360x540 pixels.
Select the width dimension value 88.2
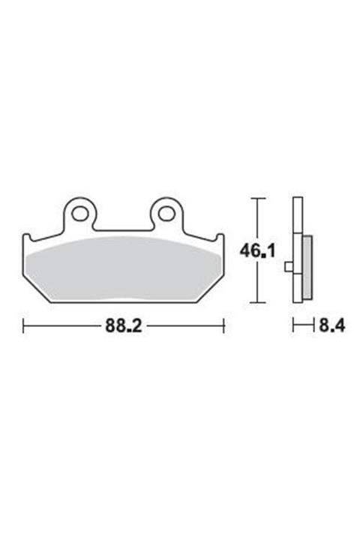[124, 326]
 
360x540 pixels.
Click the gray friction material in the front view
[124, 266]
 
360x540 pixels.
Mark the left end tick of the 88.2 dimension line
[24, 326]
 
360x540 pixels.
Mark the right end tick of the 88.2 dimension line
[223, 326]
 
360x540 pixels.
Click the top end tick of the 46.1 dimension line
[257, 199]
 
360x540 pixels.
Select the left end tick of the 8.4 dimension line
[293, 326]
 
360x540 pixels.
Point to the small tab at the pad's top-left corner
[27, 238]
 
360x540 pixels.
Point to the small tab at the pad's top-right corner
[220, 238]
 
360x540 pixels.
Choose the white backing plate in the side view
[298, 225]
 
